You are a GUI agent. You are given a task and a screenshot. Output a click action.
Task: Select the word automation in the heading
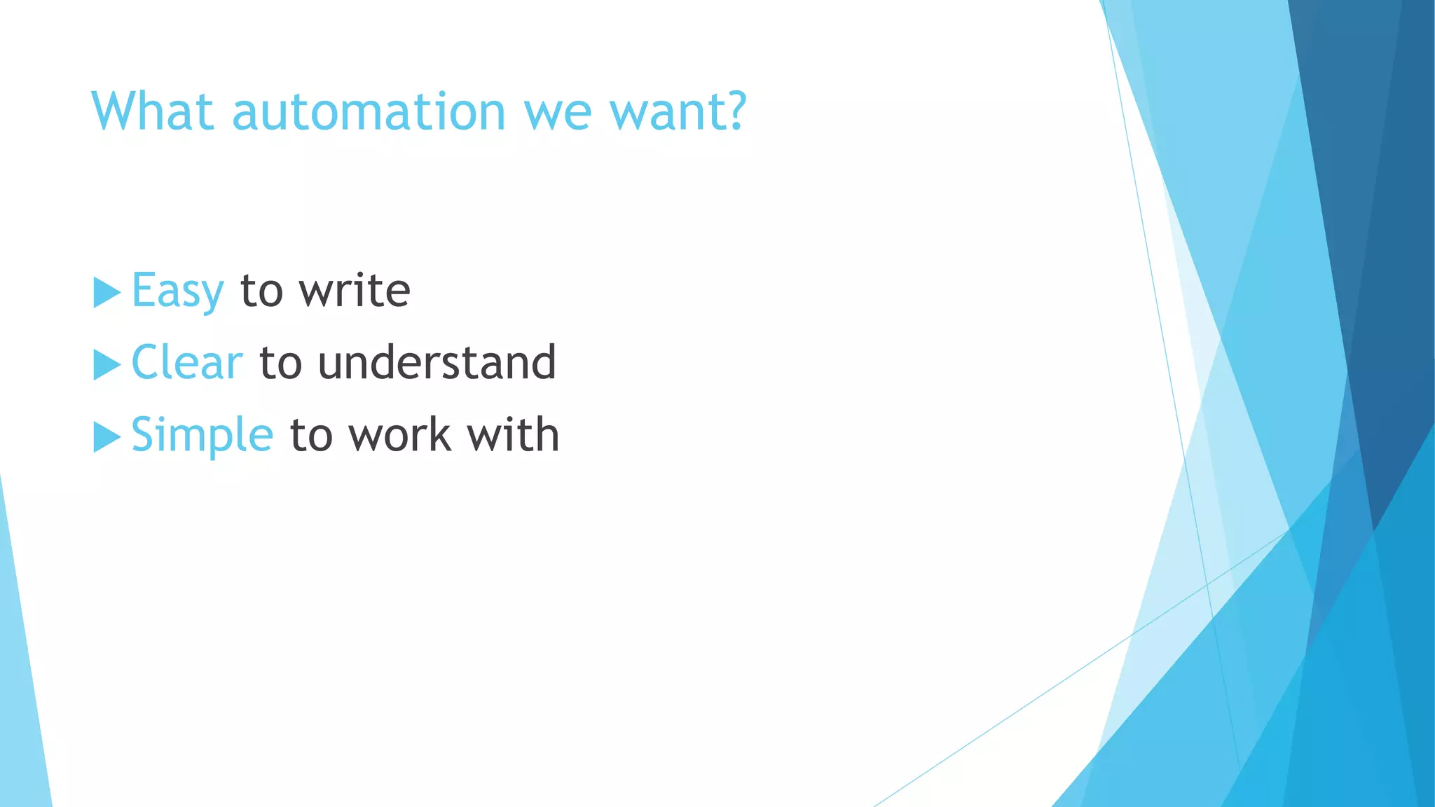[369, 113]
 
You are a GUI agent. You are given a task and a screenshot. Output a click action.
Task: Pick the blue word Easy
[178, 291]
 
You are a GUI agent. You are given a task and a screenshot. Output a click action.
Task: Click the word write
[355, 290]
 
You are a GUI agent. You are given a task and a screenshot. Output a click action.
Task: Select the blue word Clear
[187, 363]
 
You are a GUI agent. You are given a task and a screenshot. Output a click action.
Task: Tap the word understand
[437, 363]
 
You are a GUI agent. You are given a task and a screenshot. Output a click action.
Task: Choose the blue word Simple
[202, 435]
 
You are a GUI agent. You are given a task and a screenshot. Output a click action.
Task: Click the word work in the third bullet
[399, 435]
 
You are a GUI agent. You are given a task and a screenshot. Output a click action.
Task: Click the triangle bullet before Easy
[107, 292]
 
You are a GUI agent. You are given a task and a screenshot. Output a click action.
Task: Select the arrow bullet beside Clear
[107, 364]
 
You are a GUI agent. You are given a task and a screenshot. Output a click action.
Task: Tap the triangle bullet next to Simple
[107, 437]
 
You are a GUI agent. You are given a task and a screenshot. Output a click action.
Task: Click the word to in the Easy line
[261, 291]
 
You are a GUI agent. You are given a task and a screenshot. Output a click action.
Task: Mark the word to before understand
[280, 363]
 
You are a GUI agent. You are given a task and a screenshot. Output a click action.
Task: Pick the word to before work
[311, 435]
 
